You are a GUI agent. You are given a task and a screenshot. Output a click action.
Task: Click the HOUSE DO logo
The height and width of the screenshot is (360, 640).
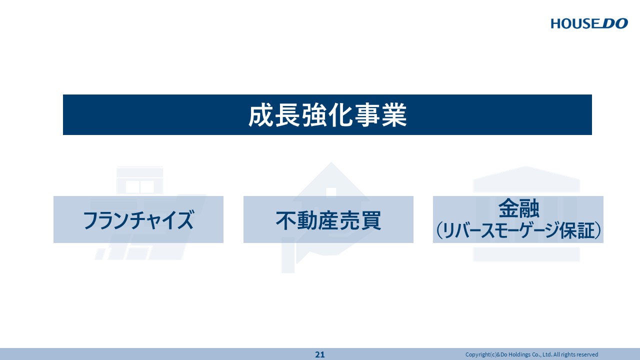(x=589, y=23)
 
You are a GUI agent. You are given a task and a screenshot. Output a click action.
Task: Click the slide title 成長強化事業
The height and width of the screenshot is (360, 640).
(x=327, y=115)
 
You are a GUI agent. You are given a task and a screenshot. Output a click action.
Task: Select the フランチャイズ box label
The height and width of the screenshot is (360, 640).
(x=138, y=220)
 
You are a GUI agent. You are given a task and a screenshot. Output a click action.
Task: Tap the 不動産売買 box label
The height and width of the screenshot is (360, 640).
(x=328, y=220)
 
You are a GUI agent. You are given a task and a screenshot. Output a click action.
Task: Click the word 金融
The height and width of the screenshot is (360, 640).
(x=518, y=208)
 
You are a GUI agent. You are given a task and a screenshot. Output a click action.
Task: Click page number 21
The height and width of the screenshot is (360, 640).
(x=319, y=354)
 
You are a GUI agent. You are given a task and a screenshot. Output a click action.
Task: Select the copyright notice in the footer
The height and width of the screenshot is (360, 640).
(x=531, y=354)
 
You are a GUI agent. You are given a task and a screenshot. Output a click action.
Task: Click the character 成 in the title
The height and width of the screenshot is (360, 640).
(x=260, y=115)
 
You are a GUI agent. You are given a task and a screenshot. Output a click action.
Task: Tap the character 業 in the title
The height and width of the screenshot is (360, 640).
(x=394, y=115)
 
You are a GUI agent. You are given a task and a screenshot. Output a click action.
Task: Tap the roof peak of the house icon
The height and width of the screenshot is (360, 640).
(x=331, y=163)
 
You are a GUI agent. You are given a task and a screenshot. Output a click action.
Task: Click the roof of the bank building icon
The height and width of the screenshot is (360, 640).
(x=526, y=179)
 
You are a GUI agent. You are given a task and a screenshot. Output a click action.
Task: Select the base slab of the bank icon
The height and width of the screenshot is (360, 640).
(x=526, y=254)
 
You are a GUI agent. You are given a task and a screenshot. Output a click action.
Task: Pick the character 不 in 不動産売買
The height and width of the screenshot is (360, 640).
(x=285, y=220)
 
